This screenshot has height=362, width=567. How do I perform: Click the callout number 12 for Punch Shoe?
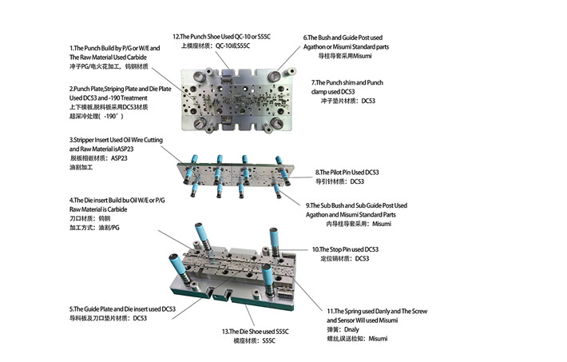pos(178,37)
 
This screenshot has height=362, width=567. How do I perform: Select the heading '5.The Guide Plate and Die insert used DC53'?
pos(122,308)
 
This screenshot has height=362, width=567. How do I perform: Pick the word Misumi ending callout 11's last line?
pos(378,339)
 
